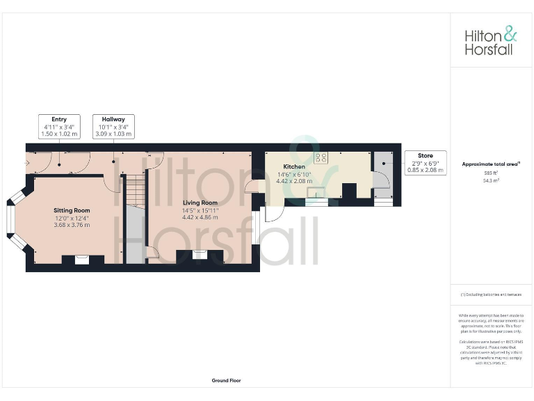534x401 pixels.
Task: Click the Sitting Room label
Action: (72, 210)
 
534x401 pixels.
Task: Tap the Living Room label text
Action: (201, 203)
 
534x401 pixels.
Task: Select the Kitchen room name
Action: (294, 167)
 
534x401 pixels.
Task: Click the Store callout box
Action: (426, 162)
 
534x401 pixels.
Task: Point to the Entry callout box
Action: (59, 126)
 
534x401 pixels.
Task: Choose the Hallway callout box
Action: (113, 126)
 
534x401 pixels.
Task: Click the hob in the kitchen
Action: (321, 157)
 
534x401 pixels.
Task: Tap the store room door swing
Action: (381, 179)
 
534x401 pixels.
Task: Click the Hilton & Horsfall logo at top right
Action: (491, 40)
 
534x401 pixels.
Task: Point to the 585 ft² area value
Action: (492, 173)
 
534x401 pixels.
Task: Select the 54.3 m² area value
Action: (492, 180)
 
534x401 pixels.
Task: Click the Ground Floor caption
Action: (226, 381)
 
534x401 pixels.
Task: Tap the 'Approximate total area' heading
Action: (491, 164)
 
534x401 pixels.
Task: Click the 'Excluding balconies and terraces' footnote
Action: (491, 295)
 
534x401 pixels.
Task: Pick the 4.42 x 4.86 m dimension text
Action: (201, 217)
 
